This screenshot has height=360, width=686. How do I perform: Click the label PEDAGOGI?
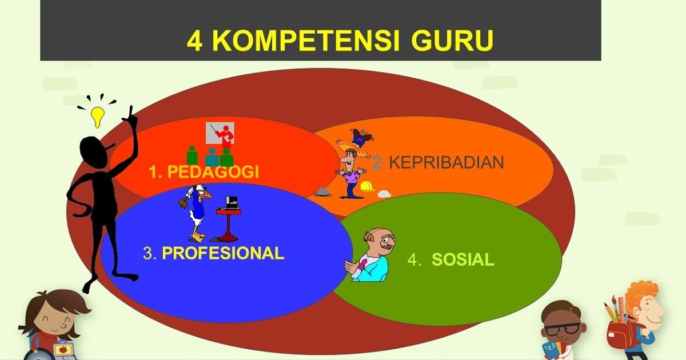212,172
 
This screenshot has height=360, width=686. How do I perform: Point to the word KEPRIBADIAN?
446,162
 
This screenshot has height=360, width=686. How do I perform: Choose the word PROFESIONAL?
223,253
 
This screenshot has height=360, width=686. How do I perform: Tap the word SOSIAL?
462,259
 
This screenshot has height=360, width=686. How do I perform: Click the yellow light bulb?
98,116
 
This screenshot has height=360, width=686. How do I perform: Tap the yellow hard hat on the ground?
366,186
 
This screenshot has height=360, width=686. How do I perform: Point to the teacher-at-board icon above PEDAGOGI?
220,135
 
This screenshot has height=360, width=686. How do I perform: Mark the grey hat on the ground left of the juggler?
322,192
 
